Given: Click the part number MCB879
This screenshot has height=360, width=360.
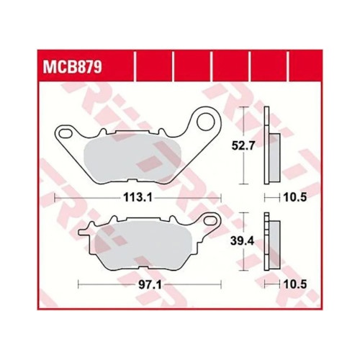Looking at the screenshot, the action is coord(73,67).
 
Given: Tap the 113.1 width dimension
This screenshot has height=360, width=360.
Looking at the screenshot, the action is coord(138,197).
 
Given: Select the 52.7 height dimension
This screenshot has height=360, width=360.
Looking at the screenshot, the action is coord(243,145).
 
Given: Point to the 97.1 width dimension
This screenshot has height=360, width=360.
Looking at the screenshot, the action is coord(150,285).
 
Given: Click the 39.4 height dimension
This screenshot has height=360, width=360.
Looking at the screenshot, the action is coord(243,241).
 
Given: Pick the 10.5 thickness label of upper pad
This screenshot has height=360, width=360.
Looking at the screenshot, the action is coord(295,197).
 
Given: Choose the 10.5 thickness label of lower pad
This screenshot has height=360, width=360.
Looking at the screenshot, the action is coord(295,284).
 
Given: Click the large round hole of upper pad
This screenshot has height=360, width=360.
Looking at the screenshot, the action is coord(206,122).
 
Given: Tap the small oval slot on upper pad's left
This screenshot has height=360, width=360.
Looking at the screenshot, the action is coord(66,133).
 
